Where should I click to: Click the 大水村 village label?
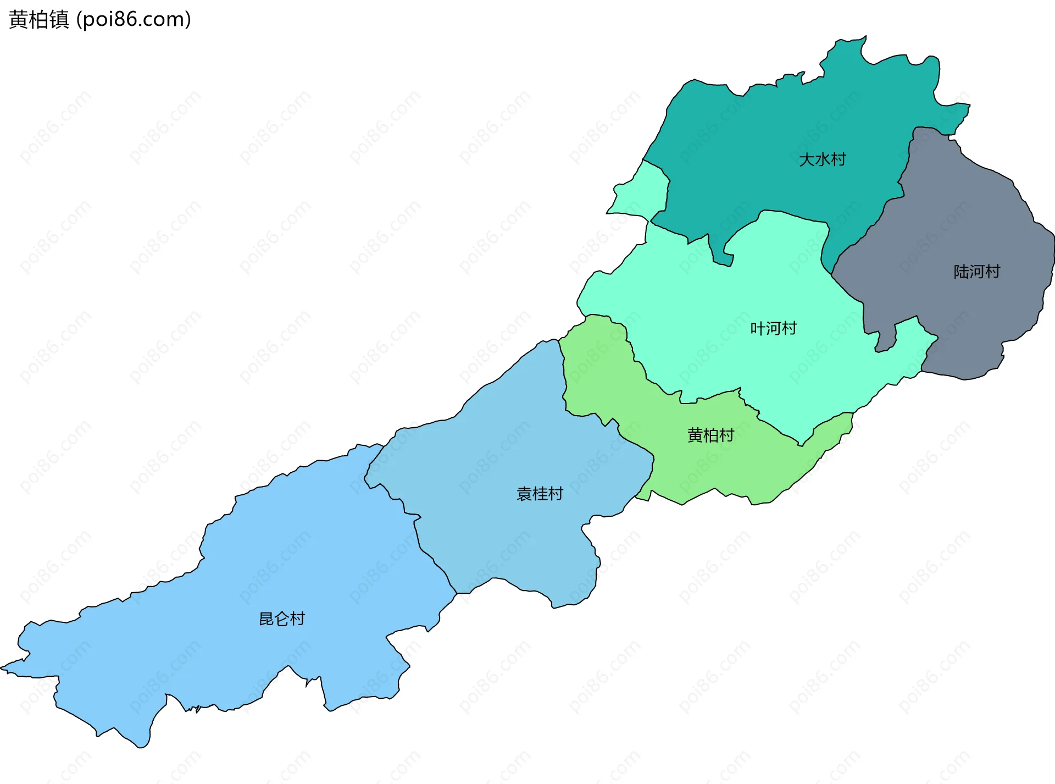(x=822, y=159)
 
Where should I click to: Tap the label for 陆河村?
(x=976, y=272)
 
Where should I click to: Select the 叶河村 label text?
(x=773, y=328)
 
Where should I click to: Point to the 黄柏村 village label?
(x=710, y=435)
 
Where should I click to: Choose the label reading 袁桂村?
(x=540, y=494)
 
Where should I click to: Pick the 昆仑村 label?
(x=281, y=619)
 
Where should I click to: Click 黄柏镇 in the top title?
(x=39, y=20)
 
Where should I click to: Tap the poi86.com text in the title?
(x=134, y=20)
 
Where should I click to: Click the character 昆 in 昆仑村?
(x=266, y=619)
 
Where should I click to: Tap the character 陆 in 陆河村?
(x=961, y=272)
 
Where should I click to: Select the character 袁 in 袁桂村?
(x=524, y=494)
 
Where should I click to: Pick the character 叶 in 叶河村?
(x=758, y=328)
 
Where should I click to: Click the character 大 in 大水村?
(x=807, y=159)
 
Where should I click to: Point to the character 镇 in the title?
(x=59, y=20)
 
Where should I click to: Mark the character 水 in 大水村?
(x=822, y=159)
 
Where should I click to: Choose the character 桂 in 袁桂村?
(x=540, y=494)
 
